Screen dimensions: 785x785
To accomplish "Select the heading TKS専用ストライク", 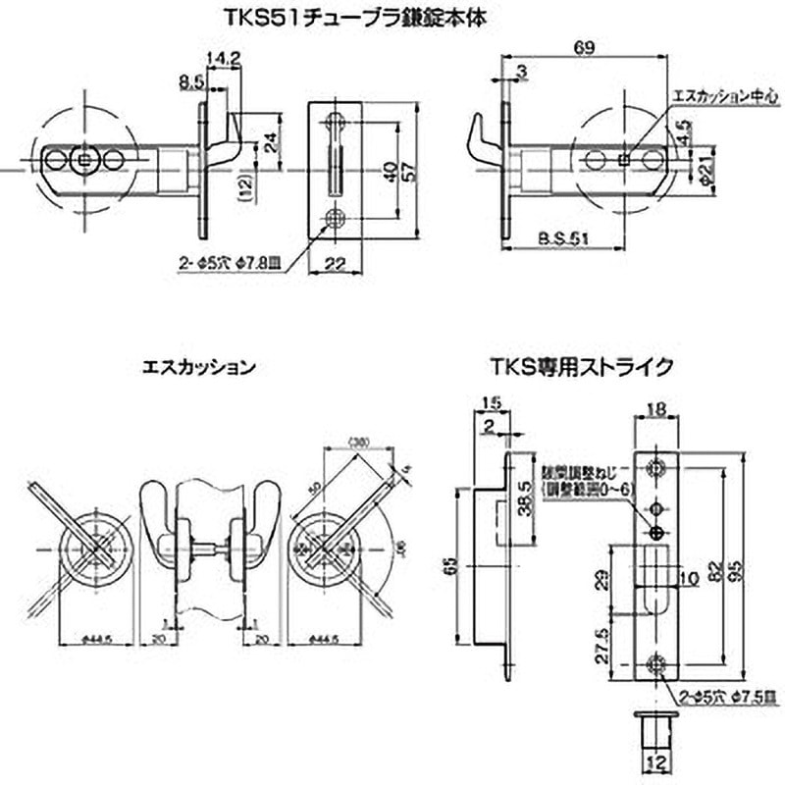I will coord(581,367).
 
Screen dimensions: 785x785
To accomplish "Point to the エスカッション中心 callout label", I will coord(724,97).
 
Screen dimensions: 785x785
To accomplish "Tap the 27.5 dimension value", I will coord(603,649).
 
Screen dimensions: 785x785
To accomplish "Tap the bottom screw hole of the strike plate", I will coord(656,664).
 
